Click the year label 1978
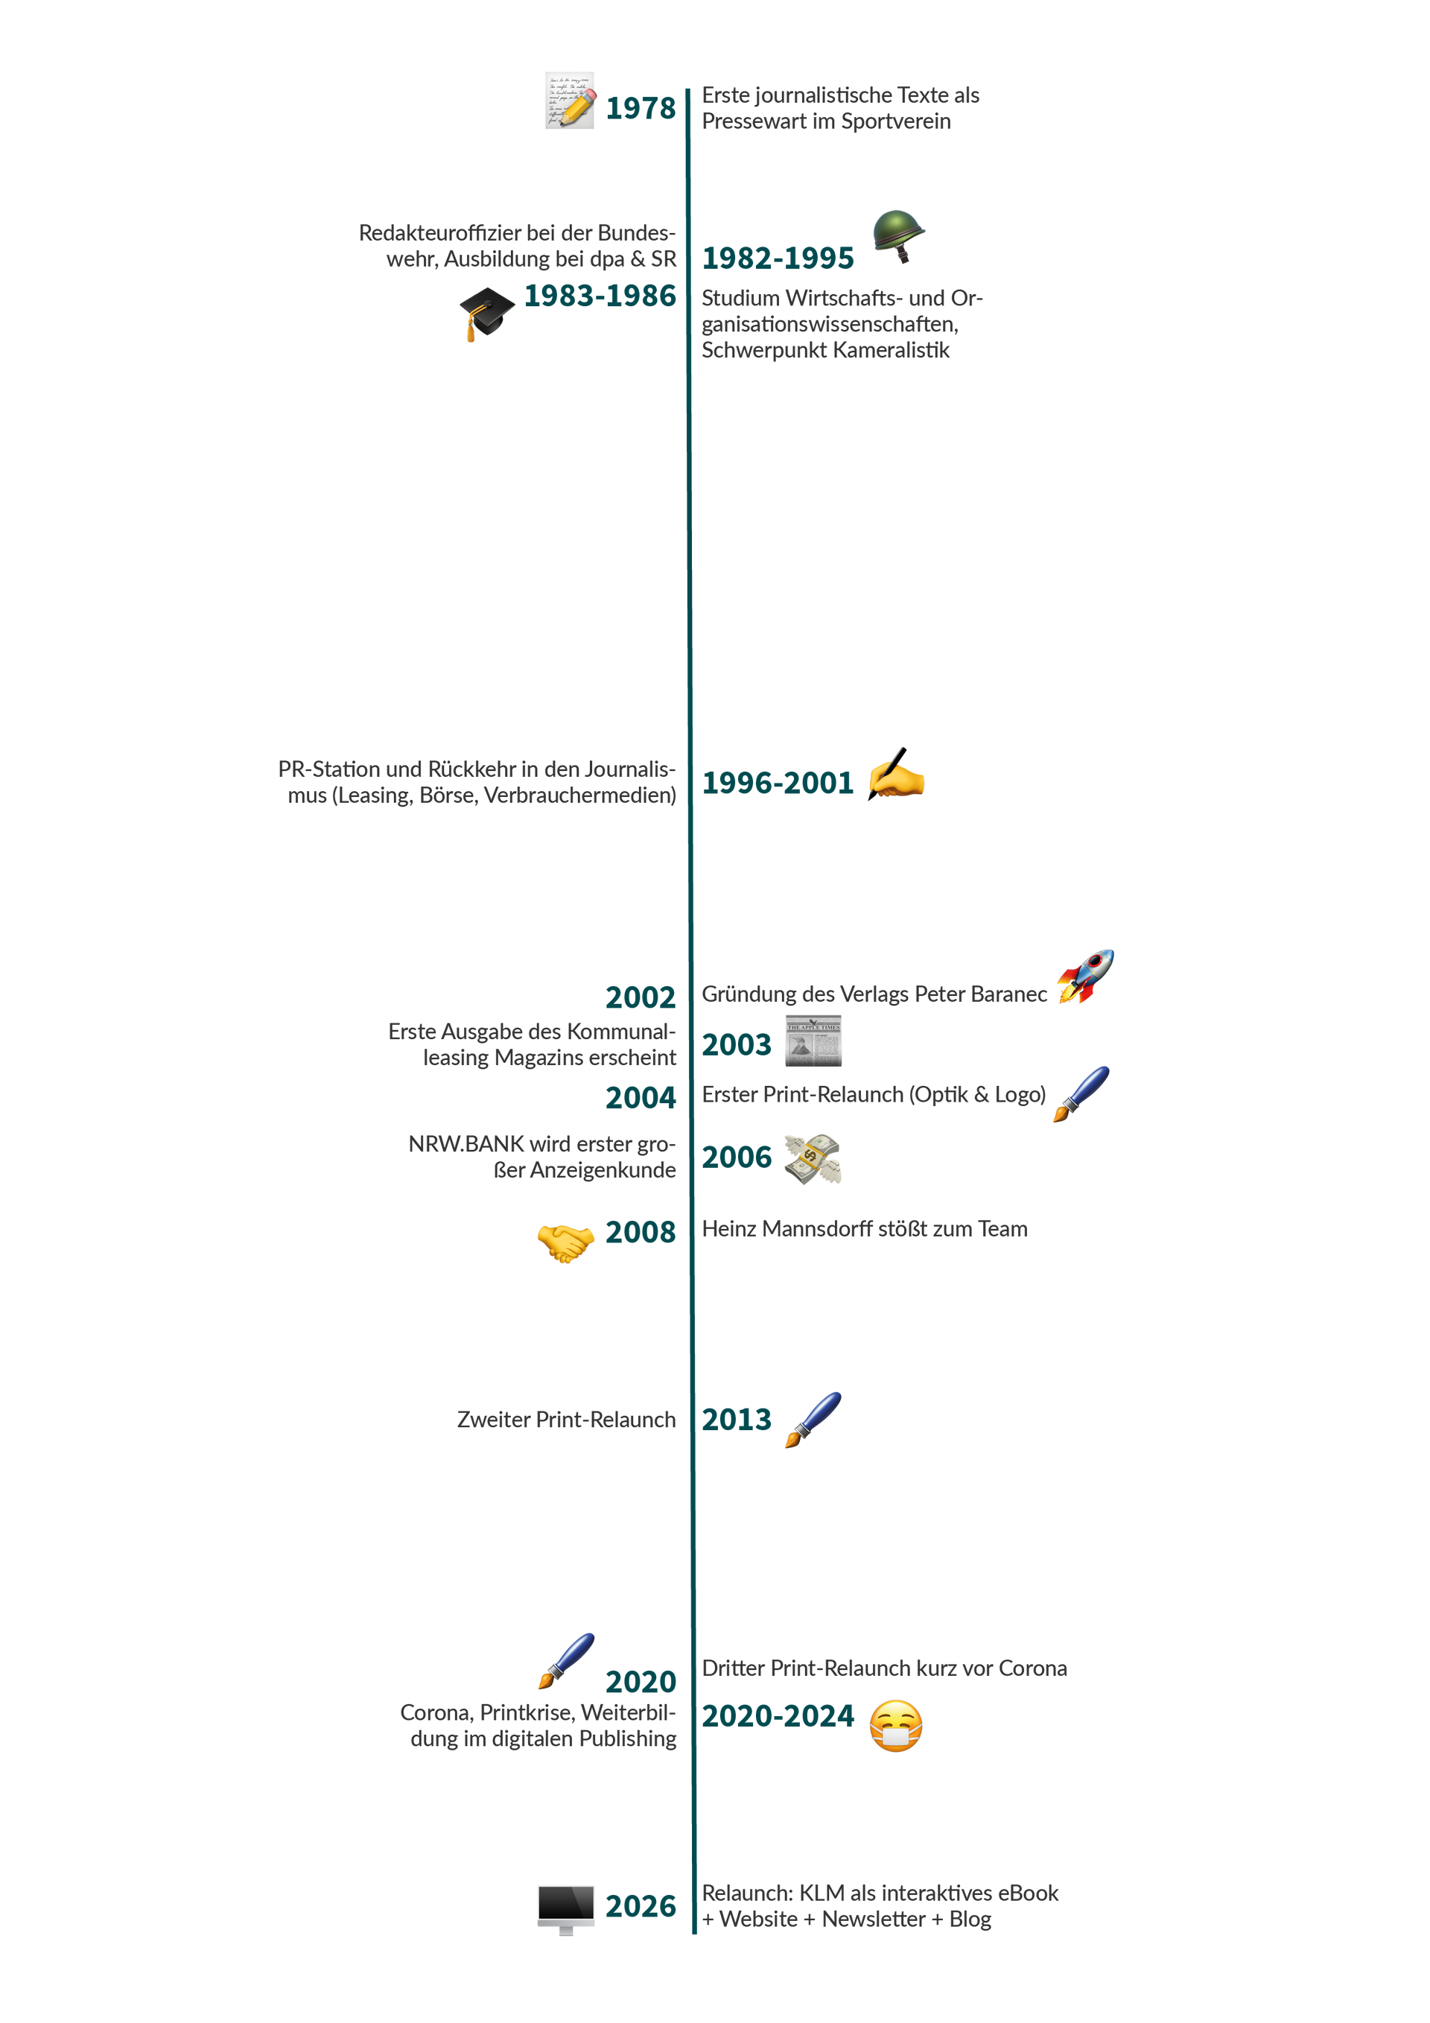point(641,109)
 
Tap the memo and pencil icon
point(569,101)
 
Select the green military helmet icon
point(899,235)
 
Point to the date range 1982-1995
point(777,258)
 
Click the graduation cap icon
point(486,313)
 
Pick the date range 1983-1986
point(600,296)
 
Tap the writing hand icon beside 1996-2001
point(897,774)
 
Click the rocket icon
point(1087,976)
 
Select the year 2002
point(641,997)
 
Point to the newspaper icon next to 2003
point(813,1041)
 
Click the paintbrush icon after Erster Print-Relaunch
point(1081,1093)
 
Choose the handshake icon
point(565,1242)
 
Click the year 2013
point(737,1420)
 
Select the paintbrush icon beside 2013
point(813,1420)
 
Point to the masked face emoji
point(896,1725)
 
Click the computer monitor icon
point(565,1908)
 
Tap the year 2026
point(641,1906)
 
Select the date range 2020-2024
point(777,1716)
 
